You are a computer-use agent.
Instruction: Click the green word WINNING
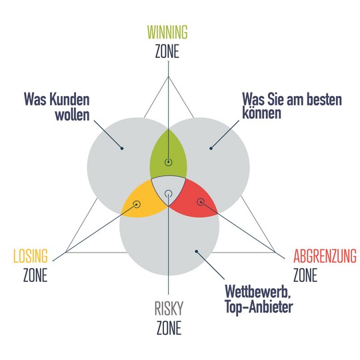[167, 32]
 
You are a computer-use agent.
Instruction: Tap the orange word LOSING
[31, 256]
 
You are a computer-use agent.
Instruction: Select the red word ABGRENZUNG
[325, 256]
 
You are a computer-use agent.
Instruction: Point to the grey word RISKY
[169, 309]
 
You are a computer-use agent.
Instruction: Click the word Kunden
[69, 99]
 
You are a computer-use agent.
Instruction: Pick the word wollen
[72, 115]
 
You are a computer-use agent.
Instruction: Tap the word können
[262, 113]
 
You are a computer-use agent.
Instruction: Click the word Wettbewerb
[258, 292]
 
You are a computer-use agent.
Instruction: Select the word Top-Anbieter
[259, 307]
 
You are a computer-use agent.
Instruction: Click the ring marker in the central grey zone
[169, 194]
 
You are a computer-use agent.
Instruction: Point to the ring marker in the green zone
[169, 162]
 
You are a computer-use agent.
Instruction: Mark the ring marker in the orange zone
[137, 204]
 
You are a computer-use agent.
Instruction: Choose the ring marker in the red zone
[201, 202]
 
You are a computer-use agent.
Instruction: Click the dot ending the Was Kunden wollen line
[122, 148]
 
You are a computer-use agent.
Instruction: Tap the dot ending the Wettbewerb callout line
[197, 251]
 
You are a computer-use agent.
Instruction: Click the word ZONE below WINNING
[167, 51]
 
